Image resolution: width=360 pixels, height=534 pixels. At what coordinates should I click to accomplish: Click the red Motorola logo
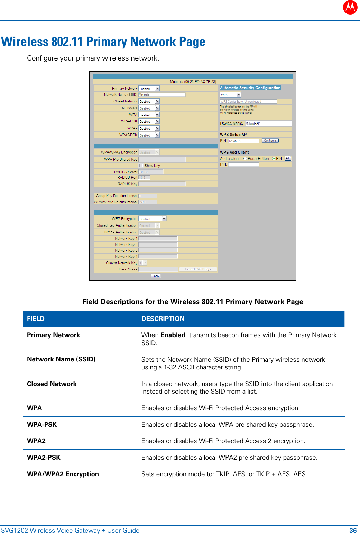tap(350, 7)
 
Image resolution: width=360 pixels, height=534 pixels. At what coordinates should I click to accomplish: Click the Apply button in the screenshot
tap(156, 276)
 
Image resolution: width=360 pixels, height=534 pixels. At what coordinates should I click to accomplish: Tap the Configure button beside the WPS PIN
tap(270, 141)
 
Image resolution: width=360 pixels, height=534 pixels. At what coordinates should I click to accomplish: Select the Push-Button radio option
tap(245, 159)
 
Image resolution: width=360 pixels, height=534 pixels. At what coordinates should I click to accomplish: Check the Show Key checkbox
tap(141, 166)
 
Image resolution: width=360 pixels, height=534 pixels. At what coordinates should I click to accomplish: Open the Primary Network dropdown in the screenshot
tap(149, 89)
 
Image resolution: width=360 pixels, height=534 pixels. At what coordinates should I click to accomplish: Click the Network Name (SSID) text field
tap(162, 95)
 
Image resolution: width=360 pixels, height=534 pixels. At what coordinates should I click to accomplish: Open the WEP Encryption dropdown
tap(152, 219)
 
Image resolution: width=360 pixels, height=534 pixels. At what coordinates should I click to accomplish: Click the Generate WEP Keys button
tap(198, 269)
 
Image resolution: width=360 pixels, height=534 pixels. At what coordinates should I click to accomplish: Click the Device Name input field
tap(268, 123)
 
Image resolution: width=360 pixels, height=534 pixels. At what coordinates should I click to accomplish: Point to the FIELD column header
tap(36, 319)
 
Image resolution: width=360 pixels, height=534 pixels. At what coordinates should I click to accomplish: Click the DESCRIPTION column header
tap(163, 319)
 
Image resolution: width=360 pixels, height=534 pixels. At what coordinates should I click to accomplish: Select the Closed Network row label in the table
tap(52, 384)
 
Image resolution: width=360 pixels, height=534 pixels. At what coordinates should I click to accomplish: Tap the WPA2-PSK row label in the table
tap(44, 458)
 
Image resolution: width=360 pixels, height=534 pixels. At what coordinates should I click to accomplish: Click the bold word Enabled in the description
tap(173, 335)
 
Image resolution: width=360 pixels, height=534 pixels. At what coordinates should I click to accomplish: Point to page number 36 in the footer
tap(353, 531)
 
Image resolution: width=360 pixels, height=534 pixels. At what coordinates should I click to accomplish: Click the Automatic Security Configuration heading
tap(250, 88)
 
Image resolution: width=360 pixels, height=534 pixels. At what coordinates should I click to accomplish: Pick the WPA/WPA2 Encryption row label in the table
tap(63, 474)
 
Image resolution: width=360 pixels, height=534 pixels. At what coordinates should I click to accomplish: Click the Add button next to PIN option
tap(288, 158)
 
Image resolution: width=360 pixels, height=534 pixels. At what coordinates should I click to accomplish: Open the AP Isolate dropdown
tap(149, 108)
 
